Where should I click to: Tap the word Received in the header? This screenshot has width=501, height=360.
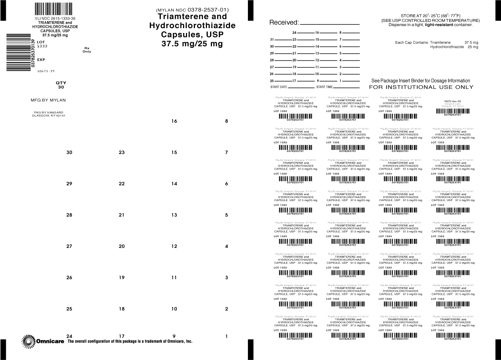click(x=283, y=23)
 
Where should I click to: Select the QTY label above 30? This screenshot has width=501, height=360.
click(x=61, y=83)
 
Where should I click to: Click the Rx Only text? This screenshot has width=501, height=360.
click(x=87, y=50)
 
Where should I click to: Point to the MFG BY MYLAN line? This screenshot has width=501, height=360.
click(x=48, y=100)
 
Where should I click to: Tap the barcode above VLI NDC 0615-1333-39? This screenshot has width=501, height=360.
click(x=54, y=9)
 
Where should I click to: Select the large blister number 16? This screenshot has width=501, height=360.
click(x=174, y=121)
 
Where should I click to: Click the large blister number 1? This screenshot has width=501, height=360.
click(x=227, y=336)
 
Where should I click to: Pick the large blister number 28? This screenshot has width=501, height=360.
click(x=69, y=215)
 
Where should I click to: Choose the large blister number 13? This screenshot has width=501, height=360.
click(x=174, y=215)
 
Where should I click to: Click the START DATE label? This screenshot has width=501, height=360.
click(x=279, y=87)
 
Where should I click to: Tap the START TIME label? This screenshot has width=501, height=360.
click(x=325, y=87)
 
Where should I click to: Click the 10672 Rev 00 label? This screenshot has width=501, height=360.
click(x=452, y=101)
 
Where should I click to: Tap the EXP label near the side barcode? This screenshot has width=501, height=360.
click(x=41, y=60)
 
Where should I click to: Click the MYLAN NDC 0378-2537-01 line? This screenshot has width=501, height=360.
click(x=192, y=10)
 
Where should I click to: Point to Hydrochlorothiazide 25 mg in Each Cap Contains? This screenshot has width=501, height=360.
click(x=454, y=47)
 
